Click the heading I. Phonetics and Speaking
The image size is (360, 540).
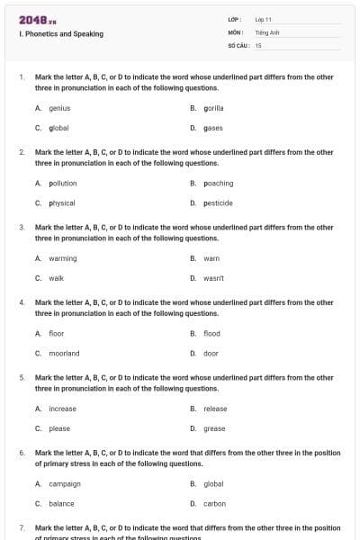pos(60,34)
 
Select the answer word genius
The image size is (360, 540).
pos(59,108)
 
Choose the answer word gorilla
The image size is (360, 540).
pos(214,108)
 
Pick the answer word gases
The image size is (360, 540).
pos(213,128)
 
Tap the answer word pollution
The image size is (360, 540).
pos(63,183)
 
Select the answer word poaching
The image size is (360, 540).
pos(219,183)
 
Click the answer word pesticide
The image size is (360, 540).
pos(219,202)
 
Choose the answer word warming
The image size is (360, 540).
pos(63,258)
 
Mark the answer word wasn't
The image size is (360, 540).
pos(214,278)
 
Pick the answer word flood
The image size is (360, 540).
pos(211,334)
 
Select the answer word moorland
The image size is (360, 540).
pos(64,354)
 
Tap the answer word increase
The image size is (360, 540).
pos(62,409)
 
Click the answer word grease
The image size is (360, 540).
pos(214,428)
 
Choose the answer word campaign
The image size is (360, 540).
pos(65,484)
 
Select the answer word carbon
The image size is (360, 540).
pos(214,504)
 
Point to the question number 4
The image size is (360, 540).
pos(22,302)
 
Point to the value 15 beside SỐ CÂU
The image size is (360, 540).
pos(258,44)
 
